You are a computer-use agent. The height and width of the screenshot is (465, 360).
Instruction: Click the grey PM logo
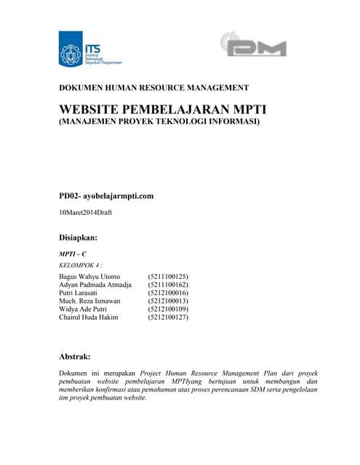253,47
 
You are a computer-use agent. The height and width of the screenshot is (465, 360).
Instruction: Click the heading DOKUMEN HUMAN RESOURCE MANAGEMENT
153,88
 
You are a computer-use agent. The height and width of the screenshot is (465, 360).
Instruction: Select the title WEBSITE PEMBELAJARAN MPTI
163,110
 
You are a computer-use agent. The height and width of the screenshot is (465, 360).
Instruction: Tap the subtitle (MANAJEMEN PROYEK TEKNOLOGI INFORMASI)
159,122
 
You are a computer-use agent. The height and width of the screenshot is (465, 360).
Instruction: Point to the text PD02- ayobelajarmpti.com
106,195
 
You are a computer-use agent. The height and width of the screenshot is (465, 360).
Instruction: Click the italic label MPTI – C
73,254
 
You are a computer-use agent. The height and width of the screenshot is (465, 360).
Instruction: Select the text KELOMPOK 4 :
80,265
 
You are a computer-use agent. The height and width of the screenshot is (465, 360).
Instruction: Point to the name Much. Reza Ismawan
89,301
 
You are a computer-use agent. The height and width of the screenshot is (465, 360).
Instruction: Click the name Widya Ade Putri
84,309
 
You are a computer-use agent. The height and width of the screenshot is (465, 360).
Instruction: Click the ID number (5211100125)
168,277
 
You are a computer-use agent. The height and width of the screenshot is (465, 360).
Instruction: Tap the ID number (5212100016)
168,293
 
